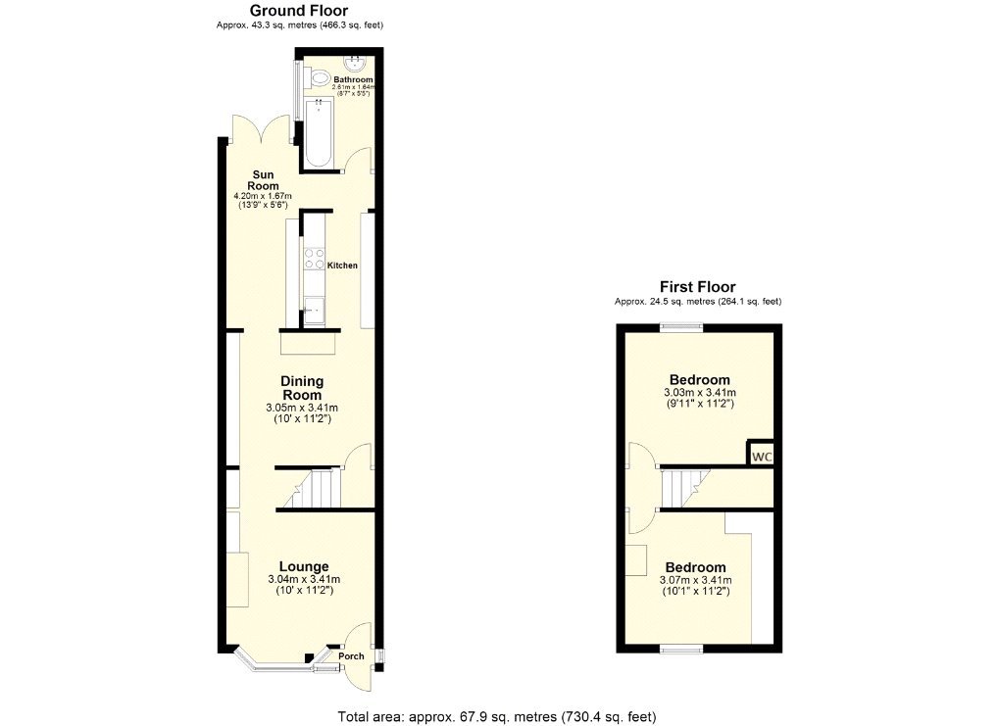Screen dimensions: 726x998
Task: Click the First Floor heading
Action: coord(697,287)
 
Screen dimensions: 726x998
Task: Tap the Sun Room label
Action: coord(263,179)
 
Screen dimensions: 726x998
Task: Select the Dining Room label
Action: coord(302,387)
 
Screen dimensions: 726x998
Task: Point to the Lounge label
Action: coord(304,566)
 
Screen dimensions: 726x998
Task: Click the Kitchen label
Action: coord(342,266)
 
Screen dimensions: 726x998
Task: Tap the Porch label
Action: coord(351,656)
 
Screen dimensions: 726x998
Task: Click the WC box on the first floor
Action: coord(761,457)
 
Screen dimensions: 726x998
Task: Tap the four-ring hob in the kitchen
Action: coord(315,259)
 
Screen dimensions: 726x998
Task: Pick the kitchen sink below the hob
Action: coord(314,310)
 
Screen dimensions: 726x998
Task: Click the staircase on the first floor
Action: coord(683,487)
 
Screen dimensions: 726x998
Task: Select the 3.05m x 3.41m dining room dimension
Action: coord(303,408)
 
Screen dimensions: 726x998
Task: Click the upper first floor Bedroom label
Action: coord(699,380)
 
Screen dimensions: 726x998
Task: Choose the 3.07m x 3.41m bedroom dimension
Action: coord(695,580)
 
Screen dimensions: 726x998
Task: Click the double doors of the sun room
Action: coord(261,131)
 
